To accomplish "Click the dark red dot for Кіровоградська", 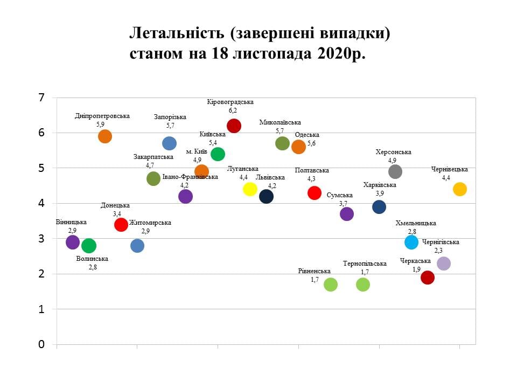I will pos(234,126).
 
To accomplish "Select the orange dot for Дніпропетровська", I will pos(105,136).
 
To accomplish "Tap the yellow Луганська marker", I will pos(250,189).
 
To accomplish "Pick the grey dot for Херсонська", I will pos(395,171).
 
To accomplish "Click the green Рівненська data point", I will pos(331,285).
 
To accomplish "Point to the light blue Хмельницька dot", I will pos(411,242).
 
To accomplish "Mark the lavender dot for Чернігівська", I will pos(444,264).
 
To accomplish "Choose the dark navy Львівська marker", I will pos(266,196).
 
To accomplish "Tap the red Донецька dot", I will pos(121,224).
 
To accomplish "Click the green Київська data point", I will pos(218,154).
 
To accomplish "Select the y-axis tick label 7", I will pos(41,98).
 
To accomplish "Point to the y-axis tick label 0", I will pos(41,344).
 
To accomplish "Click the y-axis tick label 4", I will pos(41,203).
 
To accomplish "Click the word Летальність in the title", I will pos(173,34).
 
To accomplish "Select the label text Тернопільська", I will pos(365,264).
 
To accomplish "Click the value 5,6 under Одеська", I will pos(311,143).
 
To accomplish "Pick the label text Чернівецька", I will pos(450,169).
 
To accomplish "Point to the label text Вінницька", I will pos(71,222).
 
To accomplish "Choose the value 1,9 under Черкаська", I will pos(416,269).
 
